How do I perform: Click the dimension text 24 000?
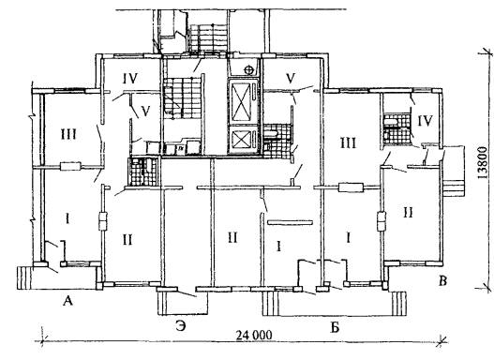254,335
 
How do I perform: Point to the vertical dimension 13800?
482,162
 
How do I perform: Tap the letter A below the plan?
67,301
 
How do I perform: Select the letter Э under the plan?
181,326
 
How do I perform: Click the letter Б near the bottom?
335,328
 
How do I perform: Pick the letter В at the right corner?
442,280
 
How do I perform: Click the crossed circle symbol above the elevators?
249,70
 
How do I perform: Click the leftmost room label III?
68,135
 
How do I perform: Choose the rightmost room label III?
348,143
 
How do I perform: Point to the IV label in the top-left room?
130,79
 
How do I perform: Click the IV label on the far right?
425,121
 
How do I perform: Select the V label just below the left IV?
145,111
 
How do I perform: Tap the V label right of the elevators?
291,78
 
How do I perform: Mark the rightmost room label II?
409,213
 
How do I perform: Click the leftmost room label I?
67,218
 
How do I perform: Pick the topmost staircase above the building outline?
208,38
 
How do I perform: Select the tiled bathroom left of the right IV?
397,129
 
